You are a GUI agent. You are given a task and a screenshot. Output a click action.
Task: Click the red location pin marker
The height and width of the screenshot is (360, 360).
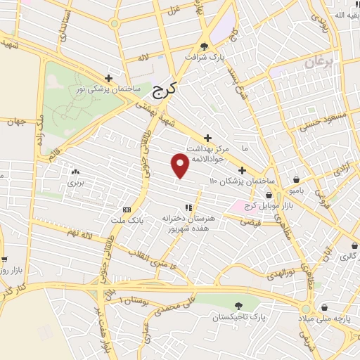click(180, 165)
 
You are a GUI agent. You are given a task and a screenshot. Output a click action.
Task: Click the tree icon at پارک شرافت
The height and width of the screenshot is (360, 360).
click(204, 46)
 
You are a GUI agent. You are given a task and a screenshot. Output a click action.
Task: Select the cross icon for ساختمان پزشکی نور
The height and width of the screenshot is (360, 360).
click(108, 78)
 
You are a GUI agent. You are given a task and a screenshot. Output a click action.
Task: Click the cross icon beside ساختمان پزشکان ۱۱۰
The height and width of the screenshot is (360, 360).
click(242, 170)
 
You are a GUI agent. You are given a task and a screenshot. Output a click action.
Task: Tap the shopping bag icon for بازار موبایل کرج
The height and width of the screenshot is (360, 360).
click(269, 196)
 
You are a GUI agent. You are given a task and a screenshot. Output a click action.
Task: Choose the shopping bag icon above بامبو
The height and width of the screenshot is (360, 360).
click(298, 179)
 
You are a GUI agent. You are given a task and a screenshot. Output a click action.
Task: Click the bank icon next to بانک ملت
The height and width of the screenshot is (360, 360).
click(127, 210)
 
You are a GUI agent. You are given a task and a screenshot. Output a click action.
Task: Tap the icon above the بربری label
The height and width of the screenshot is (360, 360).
click(75, 171)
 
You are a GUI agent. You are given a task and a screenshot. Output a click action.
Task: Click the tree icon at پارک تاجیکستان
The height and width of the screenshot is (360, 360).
click(239, 306)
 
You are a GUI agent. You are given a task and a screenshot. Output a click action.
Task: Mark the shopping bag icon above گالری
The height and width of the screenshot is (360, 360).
click(353, 246)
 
